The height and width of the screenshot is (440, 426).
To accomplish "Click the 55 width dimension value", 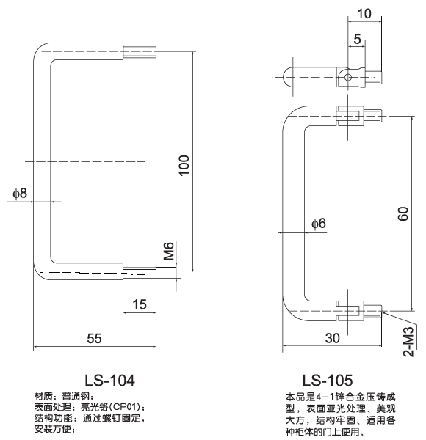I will click(95, 338).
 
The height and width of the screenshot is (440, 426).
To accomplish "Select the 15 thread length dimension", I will click(141, 304).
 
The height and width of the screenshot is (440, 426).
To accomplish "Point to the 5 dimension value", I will click(355, 40).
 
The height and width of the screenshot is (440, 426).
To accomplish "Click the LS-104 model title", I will click(110, 380).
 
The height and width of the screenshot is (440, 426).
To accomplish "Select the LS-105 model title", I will click(327, 380).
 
